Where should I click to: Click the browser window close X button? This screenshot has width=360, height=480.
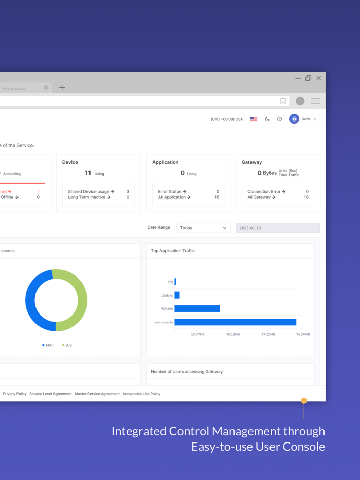coord(319,78)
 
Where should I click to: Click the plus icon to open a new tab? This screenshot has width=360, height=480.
coord(62,88)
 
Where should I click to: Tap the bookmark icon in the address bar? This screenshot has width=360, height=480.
coord(283,101)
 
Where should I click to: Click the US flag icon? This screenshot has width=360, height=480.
coord(254,119)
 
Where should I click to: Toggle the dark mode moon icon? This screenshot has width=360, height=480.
coord(267,119)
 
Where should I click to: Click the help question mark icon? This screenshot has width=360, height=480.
coord(280,119)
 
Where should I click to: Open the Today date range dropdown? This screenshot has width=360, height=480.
coord(203,228)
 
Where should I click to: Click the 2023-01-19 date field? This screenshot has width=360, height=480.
coord(278,228)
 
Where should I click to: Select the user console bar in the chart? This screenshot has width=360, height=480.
coord(236,322)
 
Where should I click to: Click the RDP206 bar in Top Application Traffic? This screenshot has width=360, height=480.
coord(197,309)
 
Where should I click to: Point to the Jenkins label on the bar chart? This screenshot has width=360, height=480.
coord(167,296)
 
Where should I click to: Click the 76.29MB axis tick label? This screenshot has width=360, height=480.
coord(303,334)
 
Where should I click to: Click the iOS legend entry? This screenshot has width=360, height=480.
coord(67,345)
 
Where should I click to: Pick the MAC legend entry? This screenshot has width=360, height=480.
coord(48,345)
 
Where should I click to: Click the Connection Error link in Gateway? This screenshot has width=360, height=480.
coord(266,192)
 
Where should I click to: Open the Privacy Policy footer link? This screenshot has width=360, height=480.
coord(15,394)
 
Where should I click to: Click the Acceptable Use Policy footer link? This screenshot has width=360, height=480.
coord(141,394)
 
